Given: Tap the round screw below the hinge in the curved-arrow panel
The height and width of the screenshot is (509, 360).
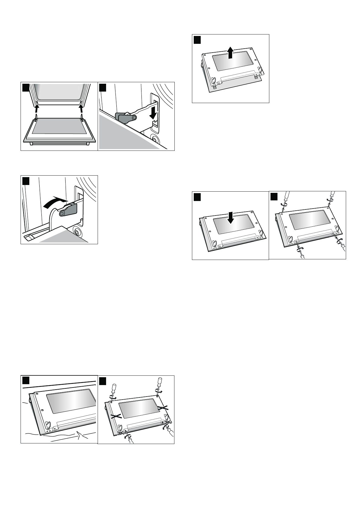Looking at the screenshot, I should pos(78,232).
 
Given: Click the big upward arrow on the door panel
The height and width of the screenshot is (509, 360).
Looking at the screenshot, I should pos(230,52).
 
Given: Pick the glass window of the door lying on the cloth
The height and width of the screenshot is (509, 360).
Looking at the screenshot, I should pos(71,401).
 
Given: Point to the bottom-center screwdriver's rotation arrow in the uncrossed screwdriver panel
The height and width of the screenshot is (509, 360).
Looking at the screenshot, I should pos(300,247).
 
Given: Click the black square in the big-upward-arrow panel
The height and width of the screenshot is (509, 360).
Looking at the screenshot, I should pos(197,40).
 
